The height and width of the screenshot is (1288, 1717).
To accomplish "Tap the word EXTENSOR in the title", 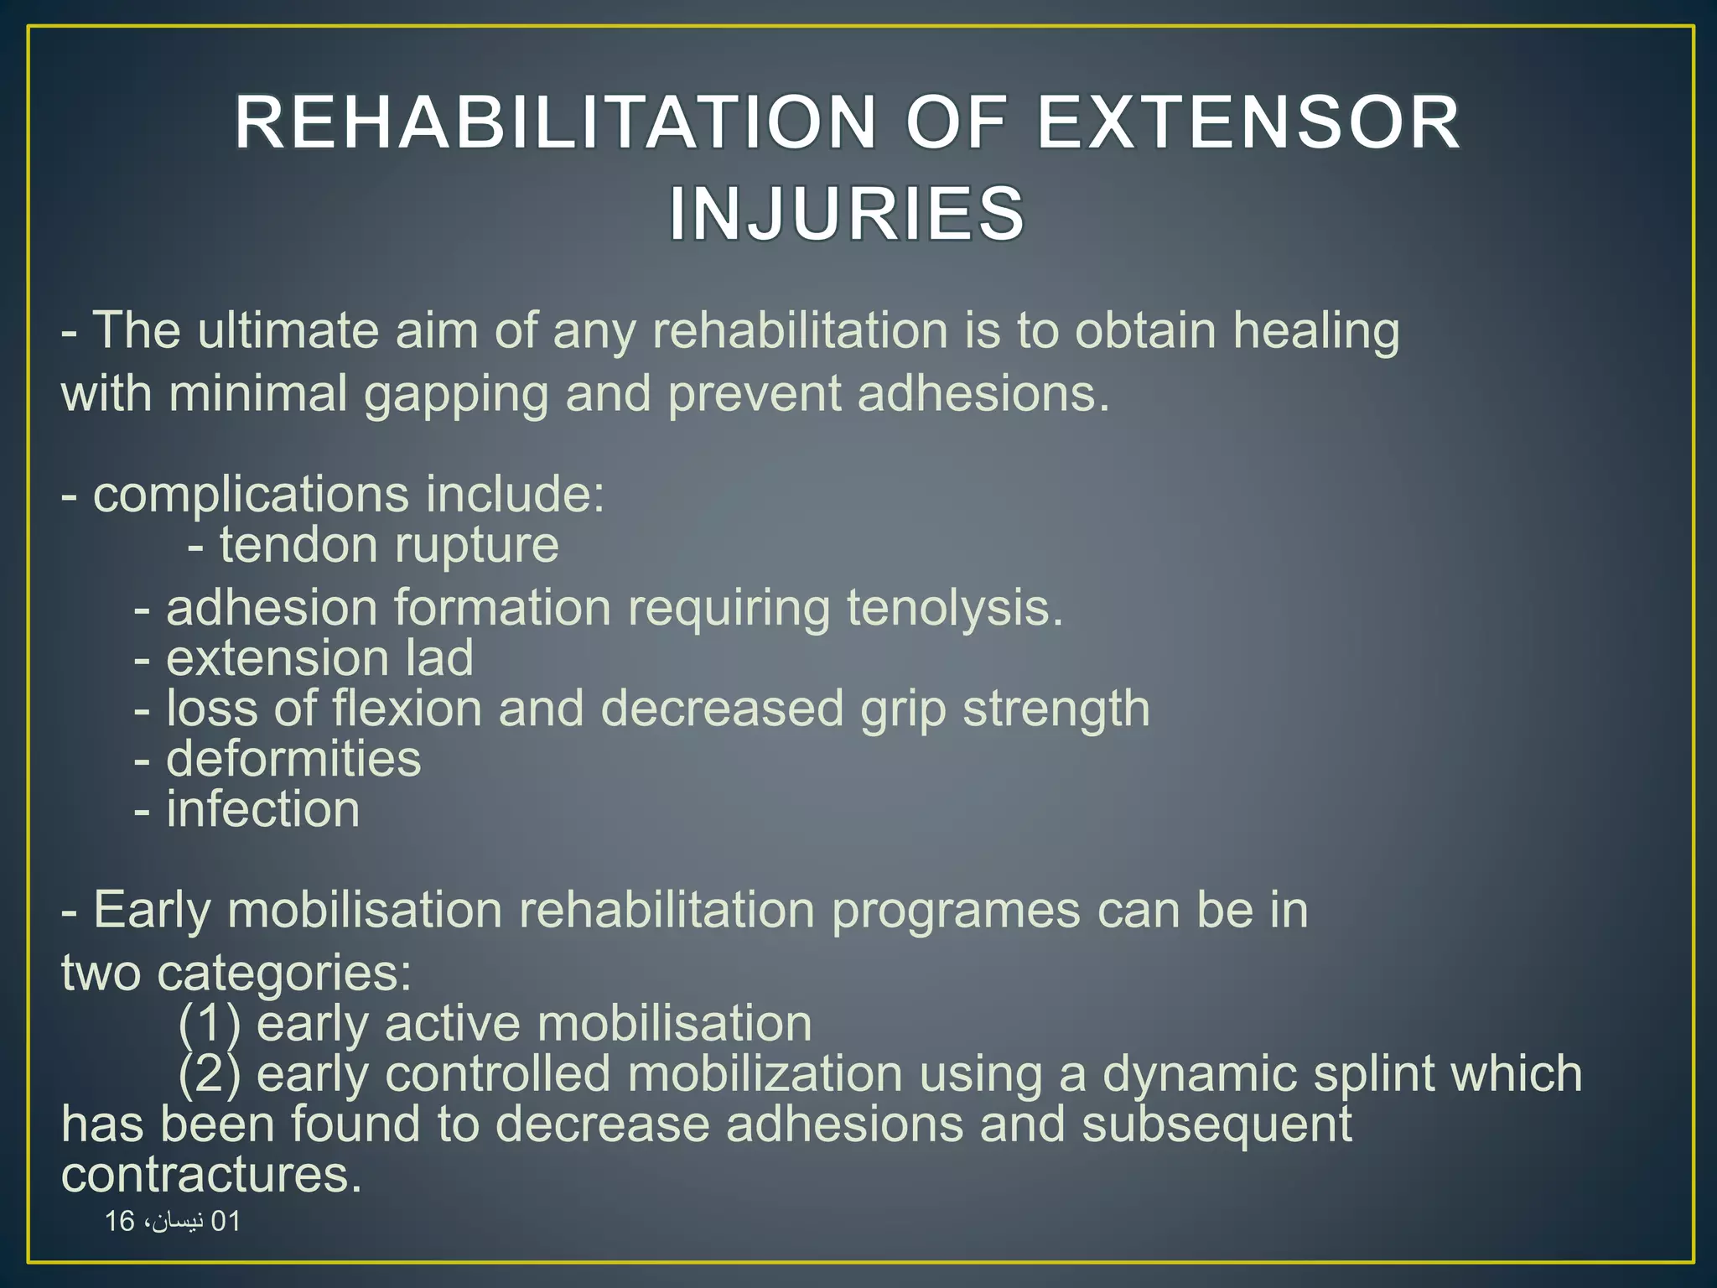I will [x=1249, y=123].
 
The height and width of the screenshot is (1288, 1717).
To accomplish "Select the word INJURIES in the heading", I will [x=847, y=214].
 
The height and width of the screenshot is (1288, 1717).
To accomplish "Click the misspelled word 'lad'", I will [x=439, y=658].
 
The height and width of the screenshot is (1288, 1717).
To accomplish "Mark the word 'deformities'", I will [x=293, y=759].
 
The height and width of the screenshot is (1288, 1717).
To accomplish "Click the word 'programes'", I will [x=956, y=911].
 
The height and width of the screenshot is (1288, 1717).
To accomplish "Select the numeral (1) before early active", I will [x=210, y=1024].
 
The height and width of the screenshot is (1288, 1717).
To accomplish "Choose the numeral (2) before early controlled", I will [x=210, y=1074].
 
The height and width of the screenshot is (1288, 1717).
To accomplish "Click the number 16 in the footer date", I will [x=119, y=1222].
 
